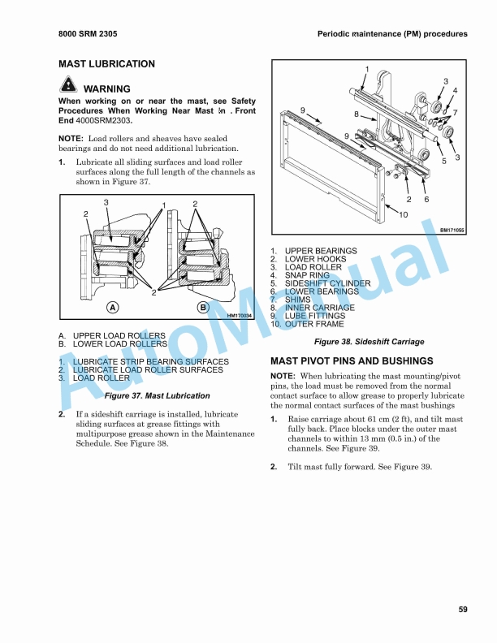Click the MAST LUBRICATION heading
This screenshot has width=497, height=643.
click(106, 63)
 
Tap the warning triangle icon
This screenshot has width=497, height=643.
click(67, 86)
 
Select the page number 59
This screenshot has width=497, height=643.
click(462, 610)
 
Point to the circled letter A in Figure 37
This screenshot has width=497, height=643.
click(113, 308)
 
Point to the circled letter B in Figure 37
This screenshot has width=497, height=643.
click(203, 308)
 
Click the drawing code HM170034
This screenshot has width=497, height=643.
click(240, 316)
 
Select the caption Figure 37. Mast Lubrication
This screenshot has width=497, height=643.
click(158, 396)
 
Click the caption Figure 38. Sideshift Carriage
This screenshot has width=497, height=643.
click(370, 342)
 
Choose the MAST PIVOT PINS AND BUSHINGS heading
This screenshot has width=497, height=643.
click(352, 360)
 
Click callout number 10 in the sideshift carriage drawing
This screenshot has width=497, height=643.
click(403, 214)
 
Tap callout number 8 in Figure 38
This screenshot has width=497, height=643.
click(356, 114)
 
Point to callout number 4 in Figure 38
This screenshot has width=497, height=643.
click(455, 91)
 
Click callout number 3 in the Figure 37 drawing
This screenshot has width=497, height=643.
click(106, 201)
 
